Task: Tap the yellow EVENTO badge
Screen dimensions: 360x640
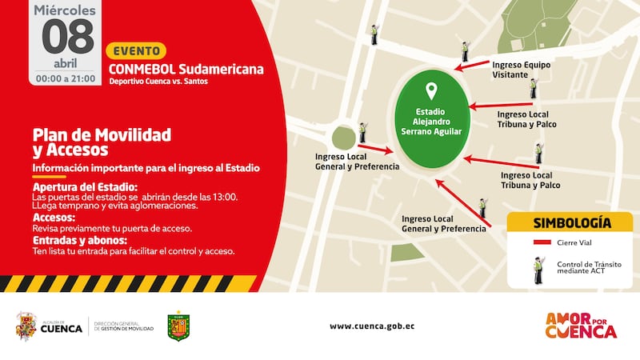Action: (x=136, y=50)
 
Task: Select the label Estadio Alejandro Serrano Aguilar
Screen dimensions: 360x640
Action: (x=432, y=121)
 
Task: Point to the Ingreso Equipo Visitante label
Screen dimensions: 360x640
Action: (x=522, y=69)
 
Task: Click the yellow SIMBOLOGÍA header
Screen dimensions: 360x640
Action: (x=571, y=222)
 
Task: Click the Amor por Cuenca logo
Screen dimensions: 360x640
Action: (x=580, y=325)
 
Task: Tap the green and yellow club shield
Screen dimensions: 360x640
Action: (x=178, y=326)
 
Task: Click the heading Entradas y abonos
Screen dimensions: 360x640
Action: (x=79, y=240)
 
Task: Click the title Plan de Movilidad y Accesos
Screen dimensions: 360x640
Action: (x=102, y=142)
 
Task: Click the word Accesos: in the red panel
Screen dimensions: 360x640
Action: (x=54, y=217)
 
